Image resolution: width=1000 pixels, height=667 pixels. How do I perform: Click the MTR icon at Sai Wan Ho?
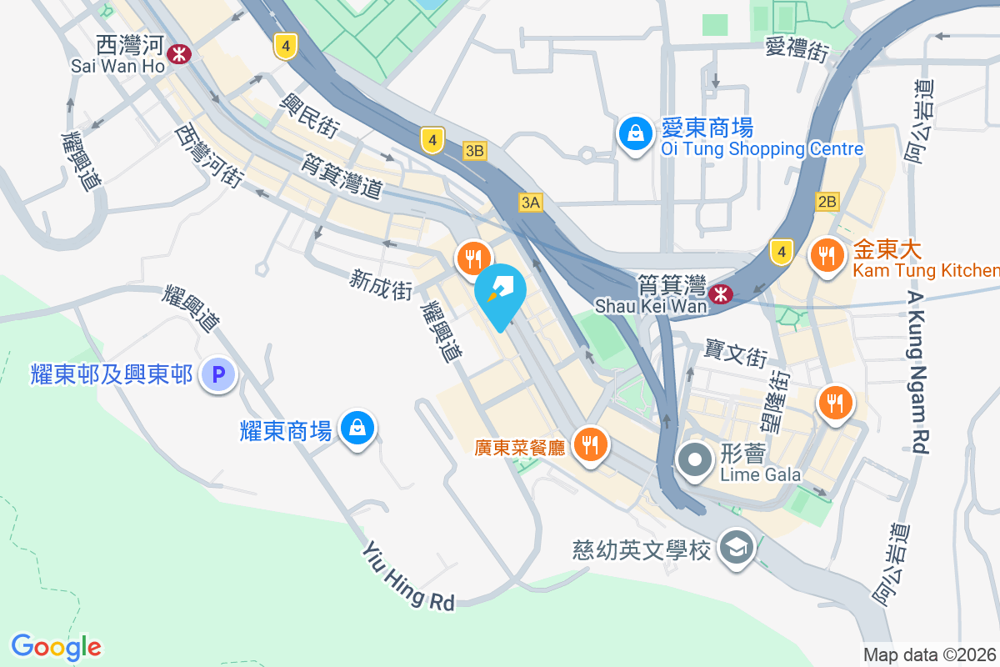click(x=178, y=54)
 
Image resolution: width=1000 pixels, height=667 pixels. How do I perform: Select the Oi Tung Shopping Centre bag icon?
click(x=635, y=133)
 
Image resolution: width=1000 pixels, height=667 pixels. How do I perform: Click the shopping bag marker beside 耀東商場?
click(x=357, y=429)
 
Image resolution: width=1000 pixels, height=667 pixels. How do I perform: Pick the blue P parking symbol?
click(x=218, y=375)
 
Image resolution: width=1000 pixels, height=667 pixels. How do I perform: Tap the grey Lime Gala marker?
click(x=694, y=459)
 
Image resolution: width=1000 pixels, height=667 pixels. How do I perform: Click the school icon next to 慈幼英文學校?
click(x=737, y=548)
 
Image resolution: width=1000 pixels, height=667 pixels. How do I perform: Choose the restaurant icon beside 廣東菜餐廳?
click(x=591, y=444)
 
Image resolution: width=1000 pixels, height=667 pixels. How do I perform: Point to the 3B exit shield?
click(x=474, y=151)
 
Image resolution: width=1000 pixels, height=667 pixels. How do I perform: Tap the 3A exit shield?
click(x=531, y=202)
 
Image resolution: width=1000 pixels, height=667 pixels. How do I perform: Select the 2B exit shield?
click(x=827, y=202)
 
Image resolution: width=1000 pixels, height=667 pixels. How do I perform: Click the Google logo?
click(x=57, y=646)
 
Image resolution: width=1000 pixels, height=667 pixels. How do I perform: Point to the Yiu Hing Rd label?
click(x=408, y=575)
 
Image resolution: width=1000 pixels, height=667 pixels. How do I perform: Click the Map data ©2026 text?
click(x=930, y=654)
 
